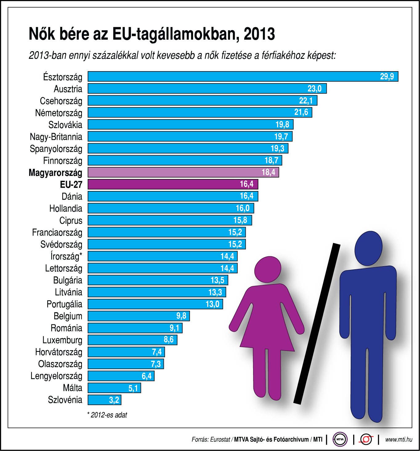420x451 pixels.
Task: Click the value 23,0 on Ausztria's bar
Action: pos(314,89)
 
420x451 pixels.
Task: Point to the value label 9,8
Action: pos(181,316)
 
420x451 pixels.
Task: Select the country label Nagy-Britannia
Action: pos(56,137)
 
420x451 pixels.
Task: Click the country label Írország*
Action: pos(66,256)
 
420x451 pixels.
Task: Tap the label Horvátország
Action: pos(59,352)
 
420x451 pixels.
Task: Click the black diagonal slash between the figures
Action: pos(317,323)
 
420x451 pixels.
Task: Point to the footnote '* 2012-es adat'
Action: pos(107,415)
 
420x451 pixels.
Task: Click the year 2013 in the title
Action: pos(259,34)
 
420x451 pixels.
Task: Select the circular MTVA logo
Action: pos(340,439)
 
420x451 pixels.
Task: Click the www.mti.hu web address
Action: pos(398,440)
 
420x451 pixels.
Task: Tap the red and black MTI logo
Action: pos(366,439)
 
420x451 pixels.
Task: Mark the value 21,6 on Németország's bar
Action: pos(301,112)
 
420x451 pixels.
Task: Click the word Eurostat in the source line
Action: pos(220,440)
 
